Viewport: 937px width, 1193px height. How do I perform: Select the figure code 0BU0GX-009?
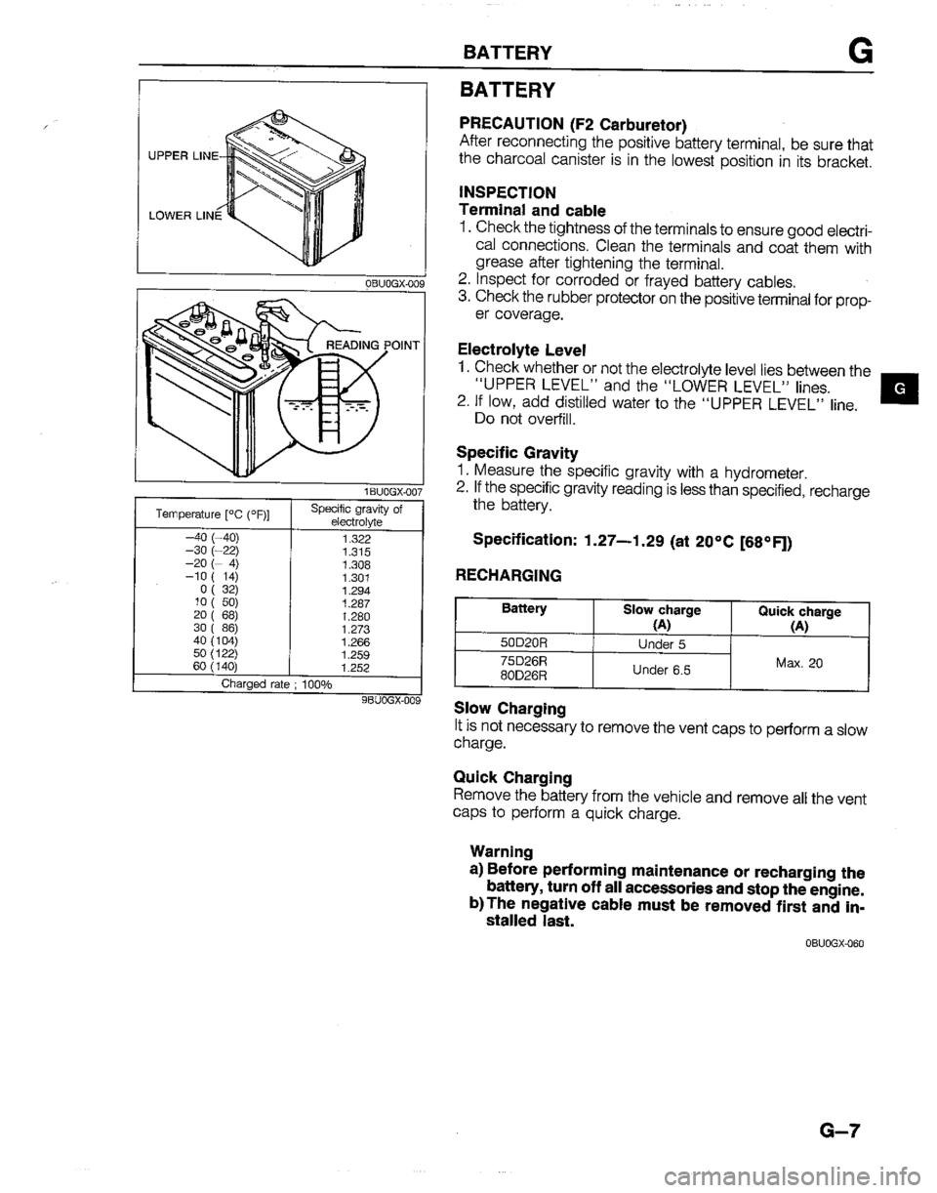point(388,283)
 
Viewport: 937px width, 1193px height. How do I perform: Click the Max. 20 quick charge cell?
point(799,663)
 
